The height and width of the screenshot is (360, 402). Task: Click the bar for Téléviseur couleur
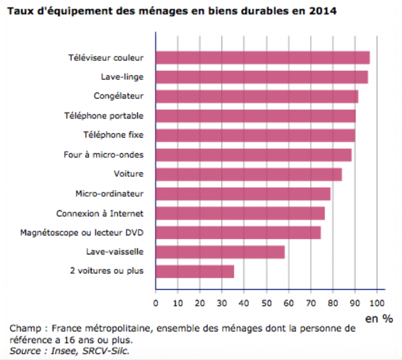click(x=262, y=58)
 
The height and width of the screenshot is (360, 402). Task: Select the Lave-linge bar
click(x=261, y=77)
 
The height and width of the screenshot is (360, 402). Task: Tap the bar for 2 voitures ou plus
click(x=194, y=271)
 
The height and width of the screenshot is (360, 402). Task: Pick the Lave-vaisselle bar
click(x=220, y=252)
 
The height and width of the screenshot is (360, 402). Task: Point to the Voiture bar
click(x=249, y=174)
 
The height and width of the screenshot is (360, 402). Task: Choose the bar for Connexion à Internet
click(x=240, y=213)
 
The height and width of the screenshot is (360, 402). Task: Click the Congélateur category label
click(x=119, y=96)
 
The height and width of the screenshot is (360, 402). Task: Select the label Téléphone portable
click(x=104, y=115)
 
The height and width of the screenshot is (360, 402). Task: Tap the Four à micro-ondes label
click(x=104, y=155)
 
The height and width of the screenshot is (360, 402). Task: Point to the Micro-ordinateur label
click(x=110, y=194)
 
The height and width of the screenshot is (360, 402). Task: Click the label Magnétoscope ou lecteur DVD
click(x=82, y=233)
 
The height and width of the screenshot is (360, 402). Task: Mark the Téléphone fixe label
click(x=113, y=135)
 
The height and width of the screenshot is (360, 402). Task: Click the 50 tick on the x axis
click(x=266, y=303)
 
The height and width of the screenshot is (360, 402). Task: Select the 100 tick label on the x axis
click(x=377, y=303)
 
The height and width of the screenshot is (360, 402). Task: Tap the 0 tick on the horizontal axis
click(x=156, y=303)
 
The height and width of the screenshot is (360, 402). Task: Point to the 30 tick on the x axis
click(x=222, y=303)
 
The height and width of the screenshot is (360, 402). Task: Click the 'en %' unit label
click(x=379, y=318)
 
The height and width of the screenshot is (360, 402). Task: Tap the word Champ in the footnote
click(x=23, y=329)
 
